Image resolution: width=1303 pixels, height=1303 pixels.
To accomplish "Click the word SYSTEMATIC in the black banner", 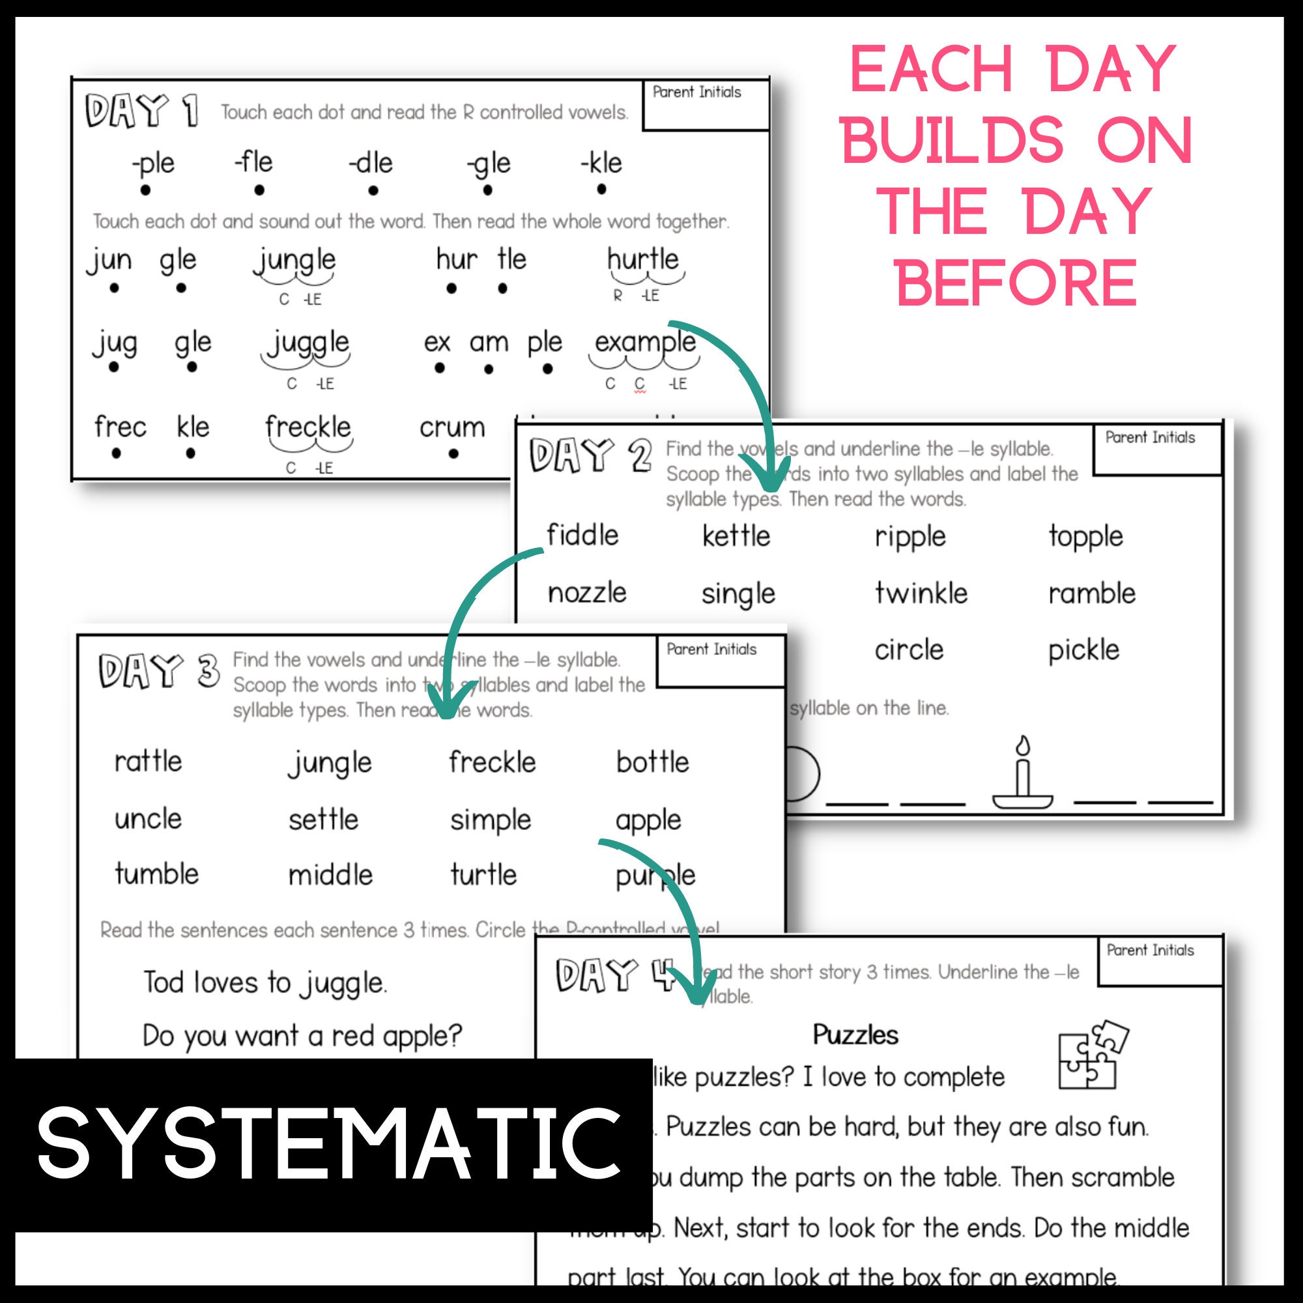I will tap(328, 1144).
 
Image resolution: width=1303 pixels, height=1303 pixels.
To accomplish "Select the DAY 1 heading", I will tap(141, 111).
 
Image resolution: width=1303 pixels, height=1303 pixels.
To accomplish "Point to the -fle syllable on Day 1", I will tap(253, 162).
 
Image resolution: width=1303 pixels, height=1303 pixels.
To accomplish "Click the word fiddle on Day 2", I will tap(582, 535).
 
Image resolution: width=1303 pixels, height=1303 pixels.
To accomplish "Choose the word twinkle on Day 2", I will tap(921, 594).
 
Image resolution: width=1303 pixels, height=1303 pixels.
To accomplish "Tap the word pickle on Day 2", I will tap(1083, 650).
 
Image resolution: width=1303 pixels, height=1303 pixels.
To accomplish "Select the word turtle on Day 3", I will tap(483, 875).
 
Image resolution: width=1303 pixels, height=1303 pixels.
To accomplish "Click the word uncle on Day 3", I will tap(149, 820).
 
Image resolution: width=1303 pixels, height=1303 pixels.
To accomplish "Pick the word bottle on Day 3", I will tap(652, 762).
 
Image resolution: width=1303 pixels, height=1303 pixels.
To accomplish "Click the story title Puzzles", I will tap(855, 1035).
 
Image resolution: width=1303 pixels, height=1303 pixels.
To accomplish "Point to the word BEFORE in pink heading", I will tap(1016, 283).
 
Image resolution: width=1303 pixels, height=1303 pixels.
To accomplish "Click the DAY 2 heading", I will tap(590, 455).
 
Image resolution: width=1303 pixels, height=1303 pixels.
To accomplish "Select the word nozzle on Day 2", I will tap(587, 594).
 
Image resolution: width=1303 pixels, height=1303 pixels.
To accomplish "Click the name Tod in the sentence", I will tap(164, 982).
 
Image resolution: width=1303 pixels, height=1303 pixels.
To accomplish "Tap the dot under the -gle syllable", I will tap(487, 191).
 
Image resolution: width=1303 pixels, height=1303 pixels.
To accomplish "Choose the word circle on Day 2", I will tap(908, 650).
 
